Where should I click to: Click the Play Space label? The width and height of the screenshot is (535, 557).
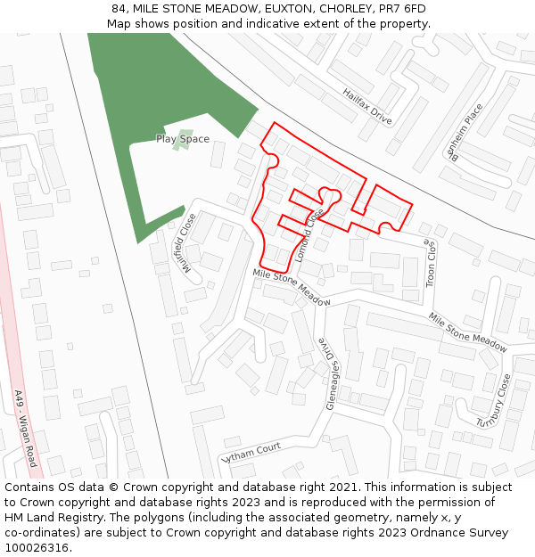[183, 139]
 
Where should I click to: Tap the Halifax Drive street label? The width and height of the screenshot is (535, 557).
[367, 106]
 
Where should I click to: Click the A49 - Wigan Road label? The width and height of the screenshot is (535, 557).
[25, 429]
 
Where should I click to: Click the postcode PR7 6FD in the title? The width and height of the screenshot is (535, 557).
[405, 9]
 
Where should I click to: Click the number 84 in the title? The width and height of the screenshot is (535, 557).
[119, 9]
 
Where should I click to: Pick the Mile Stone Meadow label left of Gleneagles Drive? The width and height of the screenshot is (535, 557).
[291, 288]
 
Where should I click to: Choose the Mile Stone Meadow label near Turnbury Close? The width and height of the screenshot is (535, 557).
[467, 332]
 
